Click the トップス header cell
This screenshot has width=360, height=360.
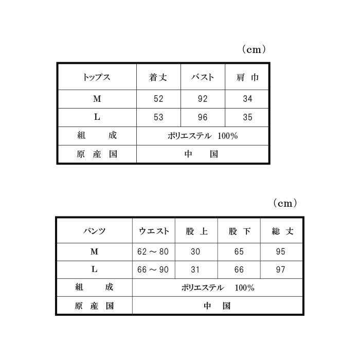coord(97,77)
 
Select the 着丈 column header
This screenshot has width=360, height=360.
coord(158,77)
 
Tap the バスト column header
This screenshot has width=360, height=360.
coord(203,77)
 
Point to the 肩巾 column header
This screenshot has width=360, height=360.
coord(247,77)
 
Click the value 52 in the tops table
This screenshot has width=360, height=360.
coord(158,99)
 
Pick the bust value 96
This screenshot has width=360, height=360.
coord(203,117)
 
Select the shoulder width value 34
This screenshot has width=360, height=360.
coord(247,99)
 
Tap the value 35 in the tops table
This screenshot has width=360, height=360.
coord(247,117)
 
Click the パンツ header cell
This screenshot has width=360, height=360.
coord(94,231)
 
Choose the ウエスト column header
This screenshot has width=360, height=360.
coord(154,231)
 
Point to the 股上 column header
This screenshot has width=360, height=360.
coord(196,231)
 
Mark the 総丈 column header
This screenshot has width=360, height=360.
coord(282,231)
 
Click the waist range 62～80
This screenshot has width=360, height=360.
coord(153,251)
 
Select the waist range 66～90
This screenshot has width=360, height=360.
coord(153,269)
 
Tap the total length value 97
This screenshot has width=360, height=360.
coord(281,269)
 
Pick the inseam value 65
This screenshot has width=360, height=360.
coord(239,251)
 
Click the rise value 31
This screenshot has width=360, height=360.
coord(195,269)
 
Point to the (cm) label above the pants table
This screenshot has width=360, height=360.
coord(285,203)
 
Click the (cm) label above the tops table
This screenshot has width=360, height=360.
coord(254,49)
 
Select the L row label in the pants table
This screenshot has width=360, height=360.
coord(94,269)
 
